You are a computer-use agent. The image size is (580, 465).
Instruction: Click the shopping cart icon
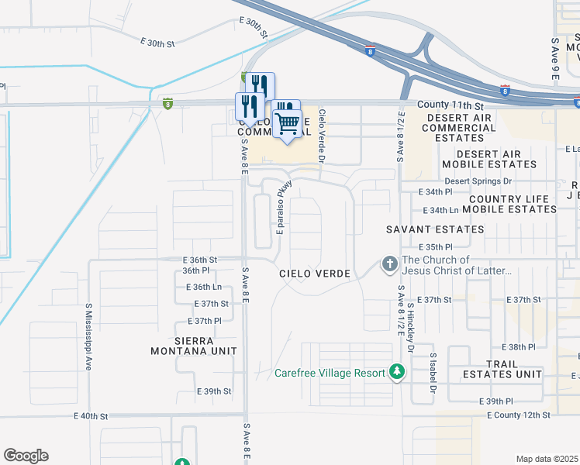point(287,122)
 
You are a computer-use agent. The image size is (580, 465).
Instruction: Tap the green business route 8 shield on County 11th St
point(167,103)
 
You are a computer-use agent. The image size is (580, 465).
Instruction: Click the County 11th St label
point(450,105)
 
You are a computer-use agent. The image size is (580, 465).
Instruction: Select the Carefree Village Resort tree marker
point(397,373)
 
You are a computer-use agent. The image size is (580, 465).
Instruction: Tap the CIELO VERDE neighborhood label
point(316,274)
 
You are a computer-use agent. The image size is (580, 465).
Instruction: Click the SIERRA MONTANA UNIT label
point(194,346)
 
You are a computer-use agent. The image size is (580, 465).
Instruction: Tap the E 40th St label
point(91,416)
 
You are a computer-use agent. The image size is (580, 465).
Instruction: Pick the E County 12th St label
point(519,415)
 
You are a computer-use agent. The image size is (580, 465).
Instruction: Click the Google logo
point(26,456)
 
